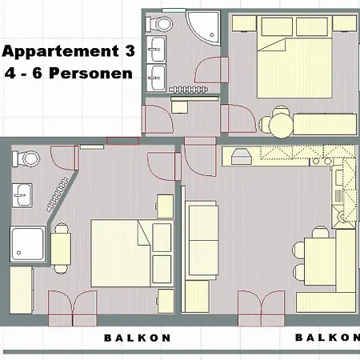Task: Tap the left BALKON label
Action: point(137,338)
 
